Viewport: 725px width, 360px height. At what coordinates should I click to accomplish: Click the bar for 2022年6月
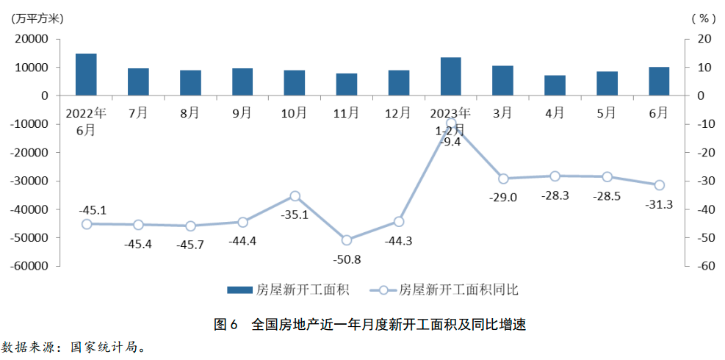click(x=86, y=75)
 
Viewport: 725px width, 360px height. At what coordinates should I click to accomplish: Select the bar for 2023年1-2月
click(x=451, y=76)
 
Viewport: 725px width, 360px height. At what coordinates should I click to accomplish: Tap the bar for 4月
click(x=555, y=85)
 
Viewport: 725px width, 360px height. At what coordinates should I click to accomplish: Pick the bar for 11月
click(x=347, y=84)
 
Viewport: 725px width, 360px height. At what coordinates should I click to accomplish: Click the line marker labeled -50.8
click(x=347, y=240)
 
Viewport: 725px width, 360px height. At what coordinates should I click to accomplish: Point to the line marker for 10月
click(x=295, y=196)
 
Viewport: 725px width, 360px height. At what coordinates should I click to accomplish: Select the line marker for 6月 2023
click(x=659, y=185)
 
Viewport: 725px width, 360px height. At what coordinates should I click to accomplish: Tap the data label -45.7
click(x=191, y=244)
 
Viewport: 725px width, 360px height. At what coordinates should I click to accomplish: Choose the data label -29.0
click(x=504, y=197)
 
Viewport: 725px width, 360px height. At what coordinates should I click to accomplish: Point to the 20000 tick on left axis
click(x=32, y=39)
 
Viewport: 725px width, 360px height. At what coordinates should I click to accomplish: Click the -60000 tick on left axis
click(x=30, y=266)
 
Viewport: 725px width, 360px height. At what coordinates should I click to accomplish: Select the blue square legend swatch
click(x=238, y=289)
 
